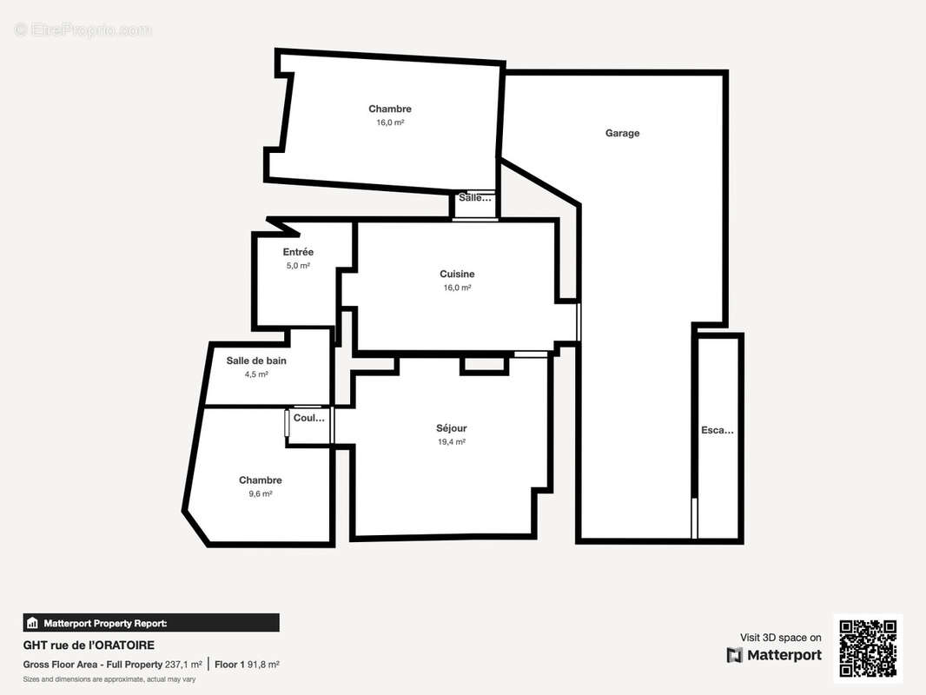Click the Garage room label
point(622,133)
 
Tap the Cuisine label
point(457,274)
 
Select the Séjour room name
point(452,428)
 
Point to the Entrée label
point(298,252)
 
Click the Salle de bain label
point(256,361)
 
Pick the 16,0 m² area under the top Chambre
point(390,122)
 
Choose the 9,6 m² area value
point(261,493)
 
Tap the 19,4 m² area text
point(452,441)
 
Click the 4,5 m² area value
point(256,374)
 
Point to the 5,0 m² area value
point(298,266)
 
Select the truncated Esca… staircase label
point(717,430)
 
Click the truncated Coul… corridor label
point(309,418)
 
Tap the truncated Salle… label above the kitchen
point(475,198)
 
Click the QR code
point(868,648)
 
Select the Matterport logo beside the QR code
point(774,655)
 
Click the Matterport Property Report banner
point(151,623)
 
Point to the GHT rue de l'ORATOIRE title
point(89,645)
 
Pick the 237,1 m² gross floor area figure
point(183,665)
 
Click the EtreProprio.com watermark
point(83,30)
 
